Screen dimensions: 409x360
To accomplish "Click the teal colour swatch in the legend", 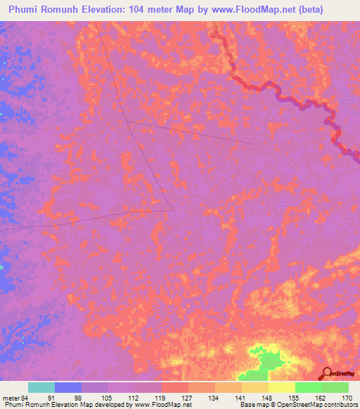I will pyautogui.click(x=41, y=387).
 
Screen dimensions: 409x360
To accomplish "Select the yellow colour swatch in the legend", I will pyautogui.click(x=281, y=387).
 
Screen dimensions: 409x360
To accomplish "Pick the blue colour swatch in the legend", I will pyautogui.click(x=68, y=387).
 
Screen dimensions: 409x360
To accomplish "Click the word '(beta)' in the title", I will pyautogui.click(x=310, y=10).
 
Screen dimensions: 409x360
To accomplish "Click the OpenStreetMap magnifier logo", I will pyautogui.click(x=328, y=374).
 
